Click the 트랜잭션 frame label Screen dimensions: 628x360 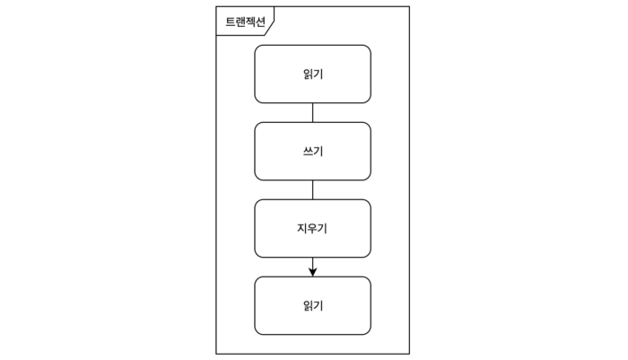[245, 22]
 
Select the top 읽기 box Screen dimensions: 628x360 [312, 74]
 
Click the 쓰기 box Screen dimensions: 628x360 [312, 151]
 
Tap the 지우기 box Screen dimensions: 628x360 [312, 228]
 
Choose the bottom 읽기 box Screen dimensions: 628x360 [312, 305]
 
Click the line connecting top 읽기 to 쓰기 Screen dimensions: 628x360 [312, 112]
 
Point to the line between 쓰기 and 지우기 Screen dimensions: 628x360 [312, 189]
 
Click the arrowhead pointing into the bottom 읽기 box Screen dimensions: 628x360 [312, 270]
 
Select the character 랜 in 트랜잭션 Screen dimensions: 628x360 [240, 22]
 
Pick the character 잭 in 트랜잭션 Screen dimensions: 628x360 [250, 22]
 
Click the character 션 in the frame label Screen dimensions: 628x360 [260, 22]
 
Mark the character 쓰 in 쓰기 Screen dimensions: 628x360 [308, 151]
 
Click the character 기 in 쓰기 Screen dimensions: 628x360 [318, 151]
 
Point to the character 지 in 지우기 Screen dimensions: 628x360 [302, 228]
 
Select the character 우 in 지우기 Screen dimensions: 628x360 [312, 228]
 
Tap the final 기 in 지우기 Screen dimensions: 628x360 [322, 228]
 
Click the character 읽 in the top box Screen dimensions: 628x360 [308, 74]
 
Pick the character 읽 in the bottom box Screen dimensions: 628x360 [308, 305]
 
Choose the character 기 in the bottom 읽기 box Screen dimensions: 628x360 [318, 305]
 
